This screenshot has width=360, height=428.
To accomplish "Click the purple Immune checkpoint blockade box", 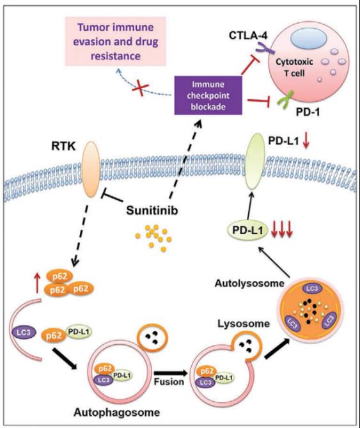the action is click(208, 95).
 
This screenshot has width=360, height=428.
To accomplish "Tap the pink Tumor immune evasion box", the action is click(116, 41).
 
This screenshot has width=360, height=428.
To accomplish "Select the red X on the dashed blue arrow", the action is click(141, 89).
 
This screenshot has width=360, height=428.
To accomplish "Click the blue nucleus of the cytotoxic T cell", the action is click(309, 39).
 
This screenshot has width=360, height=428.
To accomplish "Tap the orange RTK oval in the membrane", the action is click(91, 169).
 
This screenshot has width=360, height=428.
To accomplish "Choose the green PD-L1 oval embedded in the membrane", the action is click(256, 161).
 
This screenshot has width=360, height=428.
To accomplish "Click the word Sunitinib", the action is click(152, 210).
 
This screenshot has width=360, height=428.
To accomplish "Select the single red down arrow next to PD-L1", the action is click(306, 141).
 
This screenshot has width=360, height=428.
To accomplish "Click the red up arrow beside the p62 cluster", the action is click(38, 284).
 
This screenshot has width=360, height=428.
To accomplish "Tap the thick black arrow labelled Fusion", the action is click(171, 373).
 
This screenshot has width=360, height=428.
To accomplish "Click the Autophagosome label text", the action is click(117, 412).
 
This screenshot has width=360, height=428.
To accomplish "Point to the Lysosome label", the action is click(244, 324).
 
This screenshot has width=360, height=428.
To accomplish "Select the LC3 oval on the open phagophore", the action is click(24, 332).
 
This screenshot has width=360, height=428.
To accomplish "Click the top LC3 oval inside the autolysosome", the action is click(312, 289).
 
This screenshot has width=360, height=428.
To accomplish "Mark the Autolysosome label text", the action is click(249, 283).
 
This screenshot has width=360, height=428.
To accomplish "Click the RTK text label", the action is click(63, 147).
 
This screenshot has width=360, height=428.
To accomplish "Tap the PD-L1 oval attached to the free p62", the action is click(79, 332).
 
